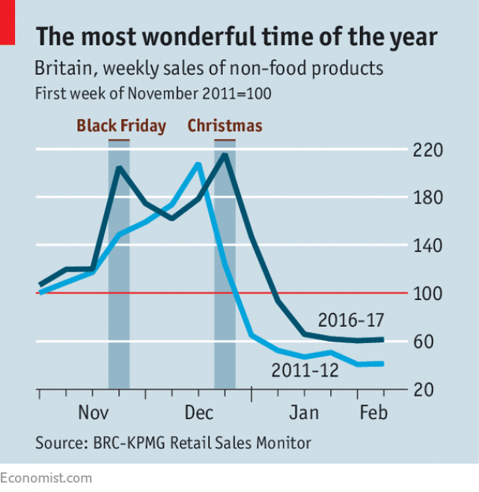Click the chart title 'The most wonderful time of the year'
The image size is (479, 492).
pos(236,37)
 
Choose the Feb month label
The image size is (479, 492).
pos(373,413)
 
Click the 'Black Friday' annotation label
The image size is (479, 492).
pos(121,126)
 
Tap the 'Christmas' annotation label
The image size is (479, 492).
pos(225,126)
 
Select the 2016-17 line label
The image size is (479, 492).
pos(351,320)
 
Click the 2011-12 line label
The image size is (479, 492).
pos(305,369)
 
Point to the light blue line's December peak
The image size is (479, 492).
pos(198,163)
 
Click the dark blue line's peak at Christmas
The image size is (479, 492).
pos(225,155)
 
